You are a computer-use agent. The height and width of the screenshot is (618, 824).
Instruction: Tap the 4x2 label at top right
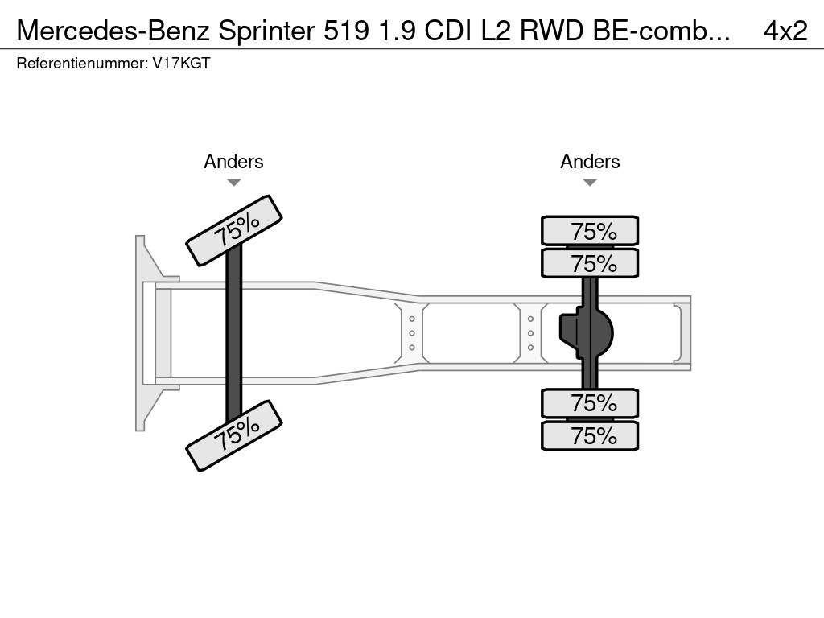click(785, 30)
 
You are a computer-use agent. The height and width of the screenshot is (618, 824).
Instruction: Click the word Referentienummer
click(81, 64)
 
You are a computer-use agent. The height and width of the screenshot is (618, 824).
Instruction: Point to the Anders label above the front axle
click(233, 162)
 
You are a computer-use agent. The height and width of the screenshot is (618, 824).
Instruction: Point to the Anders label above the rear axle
click(590, 162)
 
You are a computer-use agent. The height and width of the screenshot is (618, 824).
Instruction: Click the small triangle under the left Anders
click(233, 183)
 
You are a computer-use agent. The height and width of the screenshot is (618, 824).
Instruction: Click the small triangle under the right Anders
click(590, 183)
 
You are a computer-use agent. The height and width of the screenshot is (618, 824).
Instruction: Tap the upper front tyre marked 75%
click(234, 230)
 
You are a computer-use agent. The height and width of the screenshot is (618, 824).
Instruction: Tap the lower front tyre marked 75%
click(234, 435)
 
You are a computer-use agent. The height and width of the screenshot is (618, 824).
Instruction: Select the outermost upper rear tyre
click(590, 231)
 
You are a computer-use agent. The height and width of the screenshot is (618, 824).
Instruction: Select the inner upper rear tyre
click(590, 263)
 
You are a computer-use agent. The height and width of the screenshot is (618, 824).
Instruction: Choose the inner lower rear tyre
click(590, 403)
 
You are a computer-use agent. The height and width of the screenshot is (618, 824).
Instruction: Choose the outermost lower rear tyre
click(590, 436)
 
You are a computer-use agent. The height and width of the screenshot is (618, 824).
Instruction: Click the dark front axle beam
click(234, 333)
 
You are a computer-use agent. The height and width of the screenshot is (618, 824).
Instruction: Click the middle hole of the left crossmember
click(412, 332)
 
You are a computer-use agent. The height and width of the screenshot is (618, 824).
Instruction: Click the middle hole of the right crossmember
click(531, 333)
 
